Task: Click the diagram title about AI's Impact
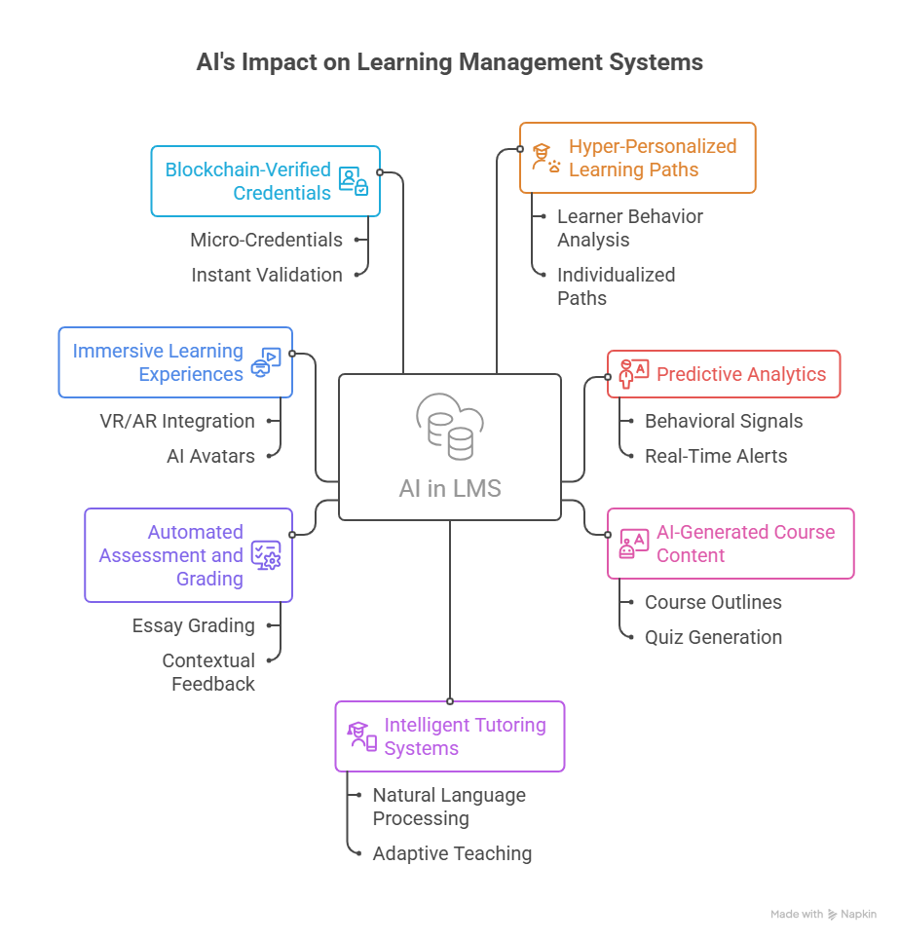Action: click(449, 62)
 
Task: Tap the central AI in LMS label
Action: click(449, 488)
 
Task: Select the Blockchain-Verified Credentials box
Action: click(265, 181)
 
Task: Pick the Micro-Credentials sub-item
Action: click(266, 240)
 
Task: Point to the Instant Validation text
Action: click(266, 275)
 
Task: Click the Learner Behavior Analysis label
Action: click(629, 228)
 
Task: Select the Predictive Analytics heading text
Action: click(740, 374)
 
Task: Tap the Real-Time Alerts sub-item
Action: click(716, 456)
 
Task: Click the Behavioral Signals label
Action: click(724, 421)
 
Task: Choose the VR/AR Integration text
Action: click(176, 421)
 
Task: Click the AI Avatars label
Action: click(210, 456)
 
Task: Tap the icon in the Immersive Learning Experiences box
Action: click(266, 362)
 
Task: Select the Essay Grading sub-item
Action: click(193, 625)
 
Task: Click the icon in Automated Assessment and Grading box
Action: click(266, 555)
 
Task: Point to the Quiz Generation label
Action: click(713, 637)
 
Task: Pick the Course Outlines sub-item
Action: click(713, 602)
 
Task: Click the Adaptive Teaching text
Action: click(452, 853)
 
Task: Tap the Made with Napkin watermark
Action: click(823, 915)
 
